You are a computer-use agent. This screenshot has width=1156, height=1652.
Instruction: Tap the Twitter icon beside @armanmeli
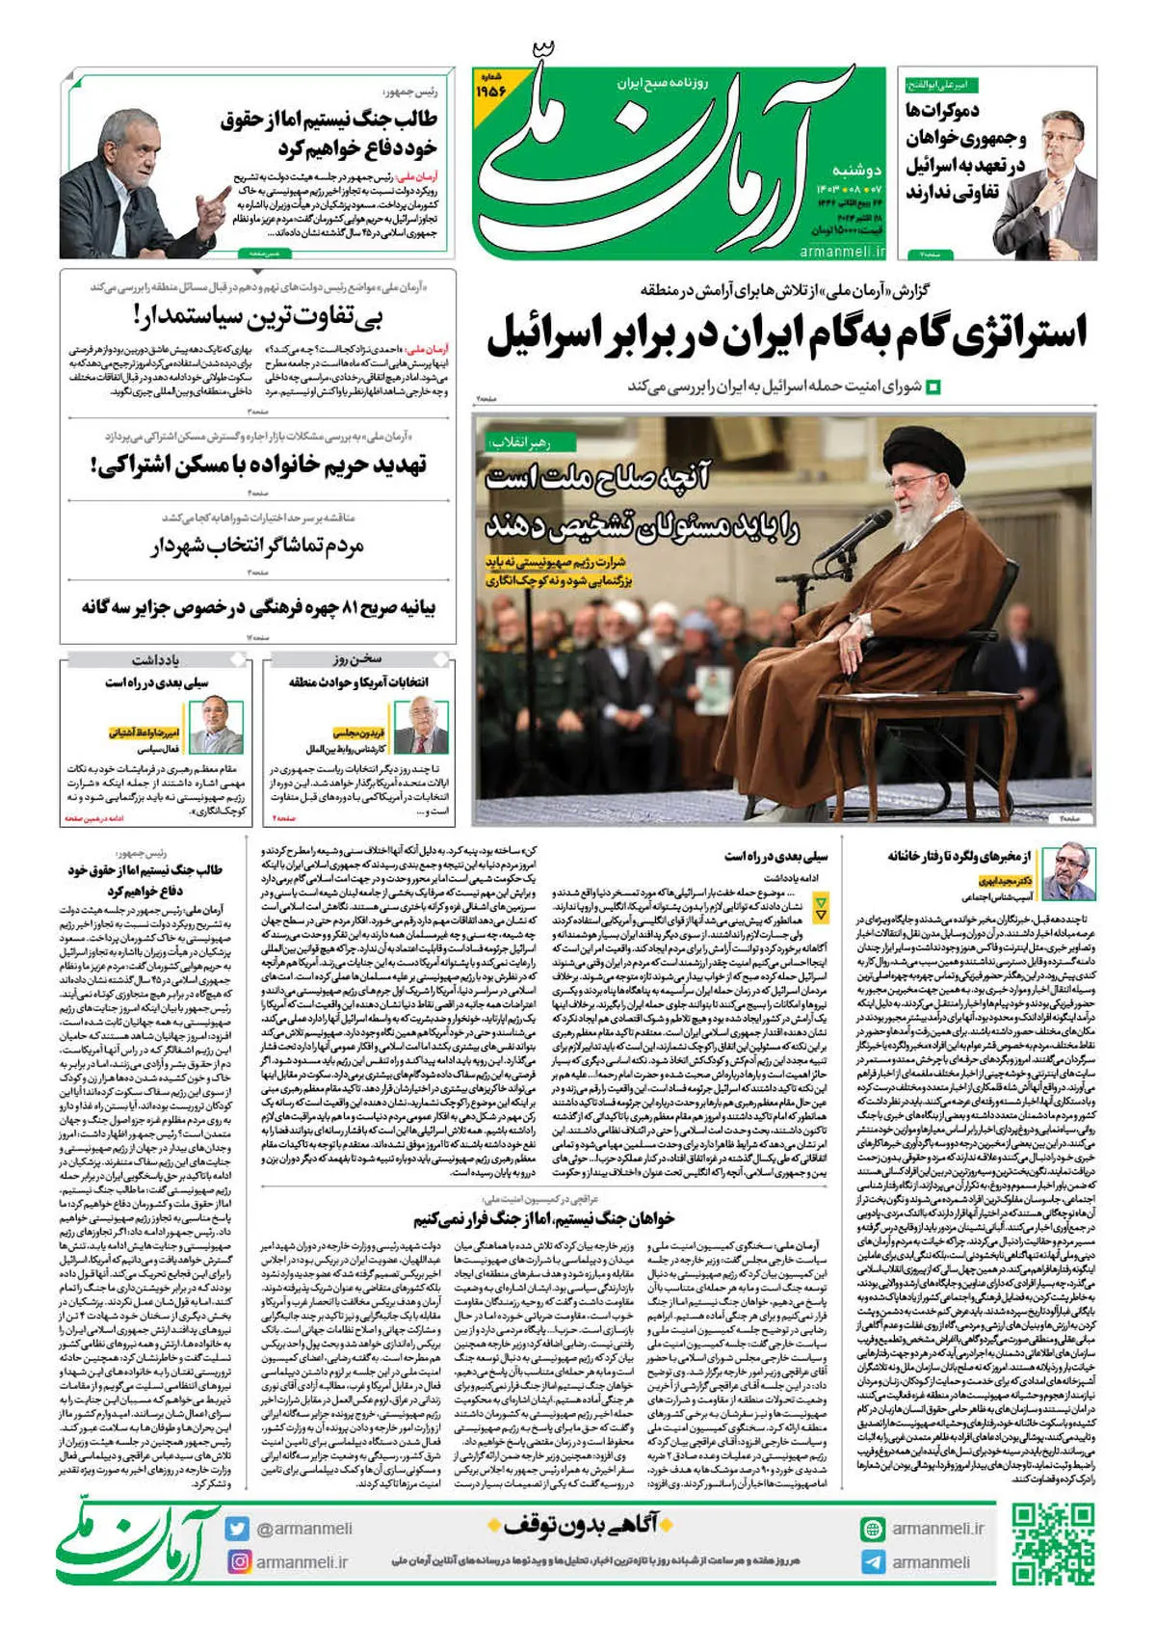(238, 1528)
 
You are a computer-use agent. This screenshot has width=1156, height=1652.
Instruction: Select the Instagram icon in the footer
(238, 1561)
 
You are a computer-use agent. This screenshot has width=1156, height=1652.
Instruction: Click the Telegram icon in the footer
(873, 1562)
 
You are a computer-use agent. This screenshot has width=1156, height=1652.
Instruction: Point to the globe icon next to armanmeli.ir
(873, 1529)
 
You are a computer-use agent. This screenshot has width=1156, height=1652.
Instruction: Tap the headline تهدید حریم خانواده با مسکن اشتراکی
(260, 466)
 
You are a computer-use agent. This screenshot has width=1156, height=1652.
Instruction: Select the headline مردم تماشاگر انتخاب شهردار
(258, 547)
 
